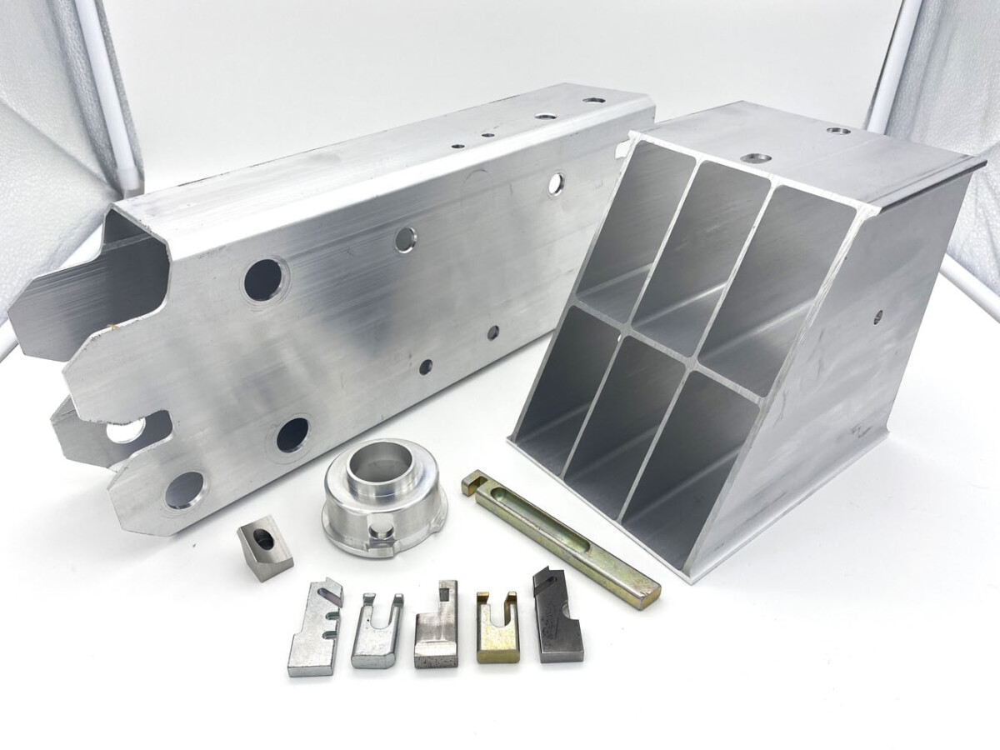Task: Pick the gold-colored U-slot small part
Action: point(496,629)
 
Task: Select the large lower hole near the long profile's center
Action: point(292,434)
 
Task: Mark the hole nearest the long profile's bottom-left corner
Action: point(184,489)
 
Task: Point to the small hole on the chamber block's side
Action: point(878,316)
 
